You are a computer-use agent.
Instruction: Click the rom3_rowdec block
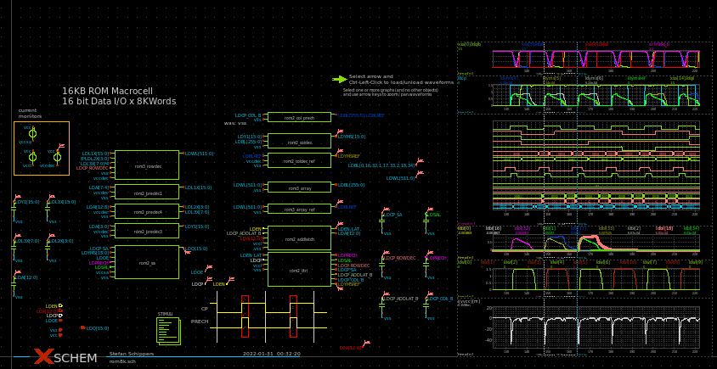pyautogui.click(x=146, y=165)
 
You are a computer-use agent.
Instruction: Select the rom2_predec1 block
pyautogui.click(x=146, y=192)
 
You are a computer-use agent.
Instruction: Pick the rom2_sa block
pyautogui.click(x=146, y=262)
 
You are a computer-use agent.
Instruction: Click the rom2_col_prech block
pyautogui.click(x=299, y=117)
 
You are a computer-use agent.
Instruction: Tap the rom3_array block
pyautogui.click(x=299, y=187)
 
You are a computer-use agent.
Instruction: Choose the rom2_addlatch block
pyautogui.click(x=299, y=238)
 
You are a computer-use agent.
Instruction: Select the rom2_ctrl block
pyautogui.click(x=299, y=269)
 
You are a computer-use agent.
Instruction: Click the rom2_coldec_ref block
pyautogui.click(x=299, y=159)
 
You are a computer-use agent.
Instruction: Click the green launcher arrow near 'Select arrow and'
pyautogui.click(x=340, y=79)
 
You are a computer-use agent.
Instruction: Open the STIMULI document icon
pyautogui.click(x=168, y=330)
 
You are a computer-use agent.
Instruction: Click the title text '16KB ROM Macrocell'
pyautogui.click(x=107, y=91)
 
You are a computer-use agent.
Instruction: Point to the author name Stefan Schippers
pyautogui.click(x=132, y=354)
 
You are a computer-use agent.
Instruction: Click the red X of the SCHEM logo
pyautogui.click(x=43, y=357)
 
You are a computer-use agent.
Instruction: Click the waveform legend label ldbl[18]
pyautogui.click(x=663, y=228)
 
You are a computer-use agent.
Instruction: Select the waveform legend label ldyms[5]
pyautogui.click(x=594, y=78)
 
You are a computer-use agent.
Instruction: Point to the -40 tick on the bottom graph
pyautogui.click(x=488, y=340)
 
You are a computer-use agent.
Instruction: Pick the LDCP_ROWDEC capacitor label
pyautogui.click(x=399, y=258)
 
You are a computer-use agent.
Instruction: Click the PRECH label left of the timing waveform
pyautogui.click(x=200, y=321)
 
